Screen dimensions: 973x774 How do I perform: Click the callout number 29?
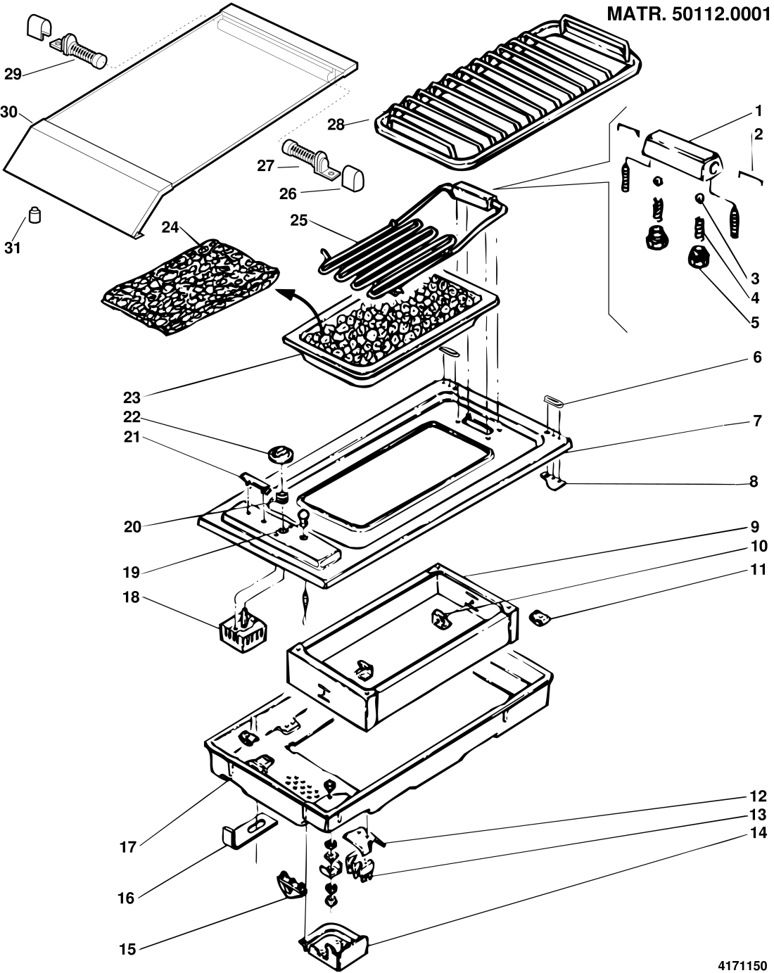coord(13,74)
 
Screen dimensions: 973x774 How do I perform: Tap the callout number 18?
coord(131,598)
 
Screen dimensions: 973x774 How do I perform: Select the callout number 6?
coord(756,357)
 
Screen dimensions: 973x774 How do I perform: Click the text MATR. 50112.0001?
coord(687,15)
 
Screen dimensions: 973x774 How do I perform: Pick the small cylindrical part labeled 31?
coord(34,215)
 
